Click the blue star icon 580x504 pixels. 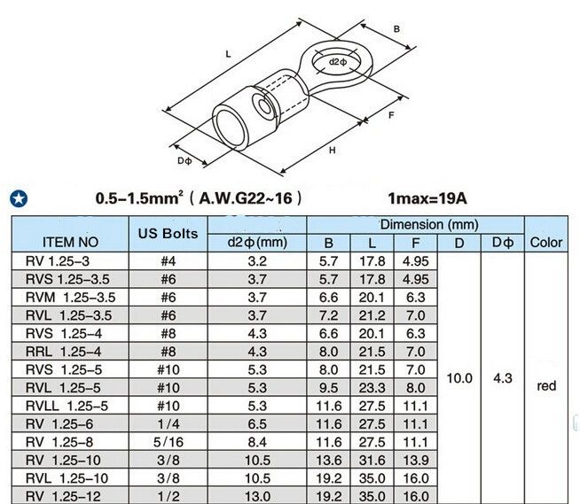tap(19, 198)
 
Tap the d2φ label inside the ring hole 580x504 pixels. tap(338, 62)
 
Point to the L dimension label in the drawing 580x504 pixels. tap(228, 54)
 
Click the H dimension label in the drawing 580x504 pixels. tap(333, 150)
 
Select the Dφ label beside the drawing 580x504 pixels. tap(184, 160)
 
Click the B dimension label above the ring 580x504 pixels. tap(396, 29)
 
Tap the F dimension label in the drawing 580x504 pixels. tap(391, 115)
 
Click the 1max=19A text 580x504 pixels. tap(427, 198)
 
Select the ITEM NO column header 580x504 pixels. tap(70, 243)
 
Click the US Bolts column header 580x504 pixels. tap(168, 234)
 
